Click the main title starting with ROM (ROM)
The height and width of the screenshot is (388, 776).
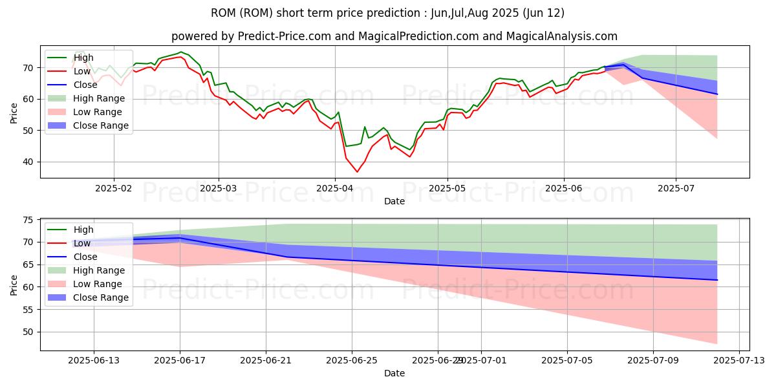coord(387,13)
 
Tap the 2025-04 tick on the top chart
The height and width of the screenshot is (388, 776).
coord(335,188)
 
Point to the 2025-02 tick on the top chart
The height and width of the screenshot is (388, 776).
coord(114,188)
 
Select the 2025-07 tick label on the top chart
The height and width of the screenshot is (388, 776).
coord(676,188)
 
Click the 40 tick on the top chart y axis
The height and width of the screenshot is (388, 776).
coord(28,162)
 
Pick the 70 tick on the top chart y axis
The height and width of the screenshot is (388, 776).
coord(28,68)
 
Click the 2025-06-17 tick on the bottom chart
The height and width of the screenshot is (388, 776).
coord(180,360)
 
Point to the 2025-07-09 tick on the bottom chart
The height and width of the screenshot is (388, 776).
coord(652,360)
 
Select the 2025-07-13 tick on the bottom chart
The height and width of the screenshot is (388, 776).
coord(738,360)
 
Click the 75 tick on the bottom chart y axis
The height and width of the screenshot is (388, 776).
coord(28,220)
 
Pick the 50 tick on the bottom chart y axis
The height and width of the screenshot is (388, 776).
coord(28,332)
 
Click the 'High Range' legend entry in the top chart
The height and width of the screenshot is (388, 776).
coord(99,98)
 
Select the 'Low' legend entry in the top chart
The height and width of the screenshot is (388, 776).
coord(83,71)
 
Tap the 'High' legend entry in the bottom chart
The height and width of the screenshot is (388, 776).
coord(83,230)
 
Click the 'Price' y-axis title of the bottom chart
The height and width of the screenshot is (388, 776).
coord(14,284)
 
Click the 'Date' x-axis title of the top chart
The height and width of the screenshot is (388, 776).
coord(394,201)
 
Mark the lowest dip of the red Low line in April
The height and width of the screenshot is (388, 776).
coord(357,171)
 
